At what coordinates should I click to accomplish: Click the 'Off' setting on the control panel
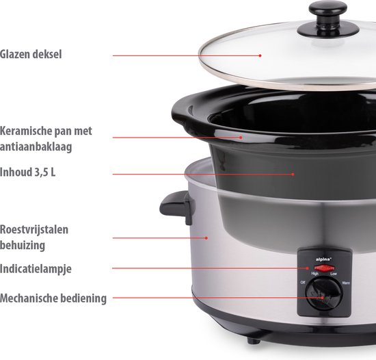[302, 282]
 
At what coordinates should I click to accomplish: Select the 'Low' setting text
[333, 274]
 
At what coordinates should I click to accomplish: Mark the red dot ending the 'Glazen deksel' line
[260, 55]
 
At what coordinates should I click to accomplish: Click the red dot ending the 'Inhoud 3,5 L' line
[293, 174]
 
